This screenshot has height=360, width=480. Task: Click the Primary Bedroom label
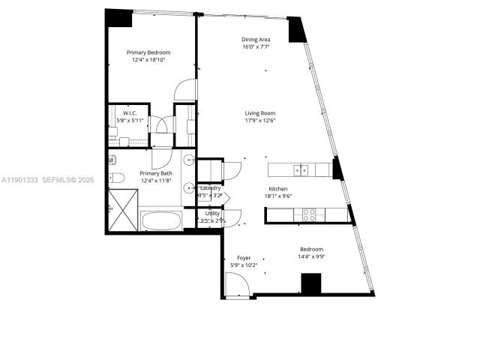pyautogui.click(x=148, y=52)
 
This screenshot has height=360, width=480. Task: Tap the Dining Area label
pyautogui.click(x=256, y=40)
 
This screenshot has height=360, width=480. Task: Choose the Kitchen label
pyautogui.click(x=279, y=189)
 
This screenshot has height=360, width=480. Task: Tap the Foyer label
pyautogui.click(x=244, y=257)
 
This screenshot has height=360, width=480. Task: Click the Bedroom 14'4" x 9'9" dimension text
pyautogui.click(x=311, y=256)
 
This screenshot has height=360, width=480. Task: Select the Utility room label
pyautogui.click(x=213, y=214)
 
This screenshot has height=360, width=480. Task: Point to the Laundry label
pyautogui.click(x=211, y=187)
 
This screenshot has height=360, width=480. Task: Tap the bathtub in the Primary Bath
pyautogui.click(x=161, y=220)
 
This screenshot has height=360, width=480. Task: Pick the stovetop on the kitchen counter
pyautogui.click(x=309, y=214)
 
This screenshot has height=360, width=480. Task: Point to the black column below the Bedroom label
pyautogui.click(x=311, y=284)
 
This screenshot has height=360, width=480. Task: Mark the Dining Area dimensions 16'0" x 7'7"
pyautogui.click(x=256, y=47)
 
